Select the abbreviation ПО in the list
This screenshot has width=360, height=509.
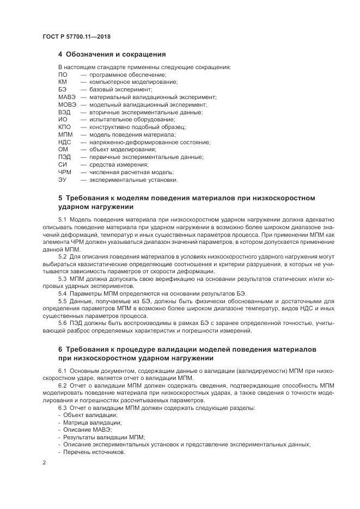click(x=63, y=75)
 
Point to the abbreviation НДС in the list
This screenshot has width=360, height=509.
click(x=65, y=142)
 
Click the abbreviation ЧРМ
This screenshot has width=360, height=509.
click(x=65, y=172)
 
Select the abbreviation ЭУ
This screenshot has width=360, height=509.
click(x=62, y=180)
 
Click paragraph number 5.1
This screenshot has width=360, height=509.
click(x=62, y=218)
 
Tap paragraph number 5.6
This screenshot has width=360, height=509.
click(x=62, y=323)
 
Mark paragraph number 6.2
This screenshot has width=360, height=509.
click(x=62, y=385)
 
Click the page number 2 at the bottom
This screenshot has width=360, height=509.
click(x=44, y=463)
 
